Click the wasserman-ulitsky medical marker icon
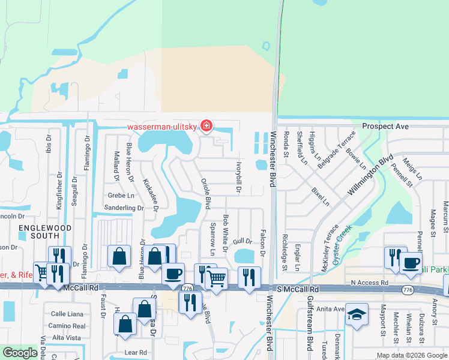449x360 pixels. (x=206, y=125)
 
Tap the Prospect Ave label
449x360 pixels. (x=385, y=127)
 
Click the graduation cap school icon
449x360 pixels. (x=357, y=314)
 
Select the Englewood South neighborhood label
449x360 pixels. (x=45, y=232)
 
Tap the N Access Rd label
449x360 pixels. (x=371, y=282)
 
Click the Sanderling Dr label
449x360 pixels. (x=124, y=208)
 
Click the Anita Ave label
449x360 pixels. (x=331, y=309)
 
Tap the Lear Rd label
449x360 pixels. (x=135, y=352)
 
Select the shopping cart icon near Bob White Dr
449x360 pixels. (x=217, y=278)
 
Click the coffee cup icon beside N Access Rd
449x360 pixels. (x=411, y=263)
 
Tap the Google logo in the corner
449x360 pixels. (x=20, y=353)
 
